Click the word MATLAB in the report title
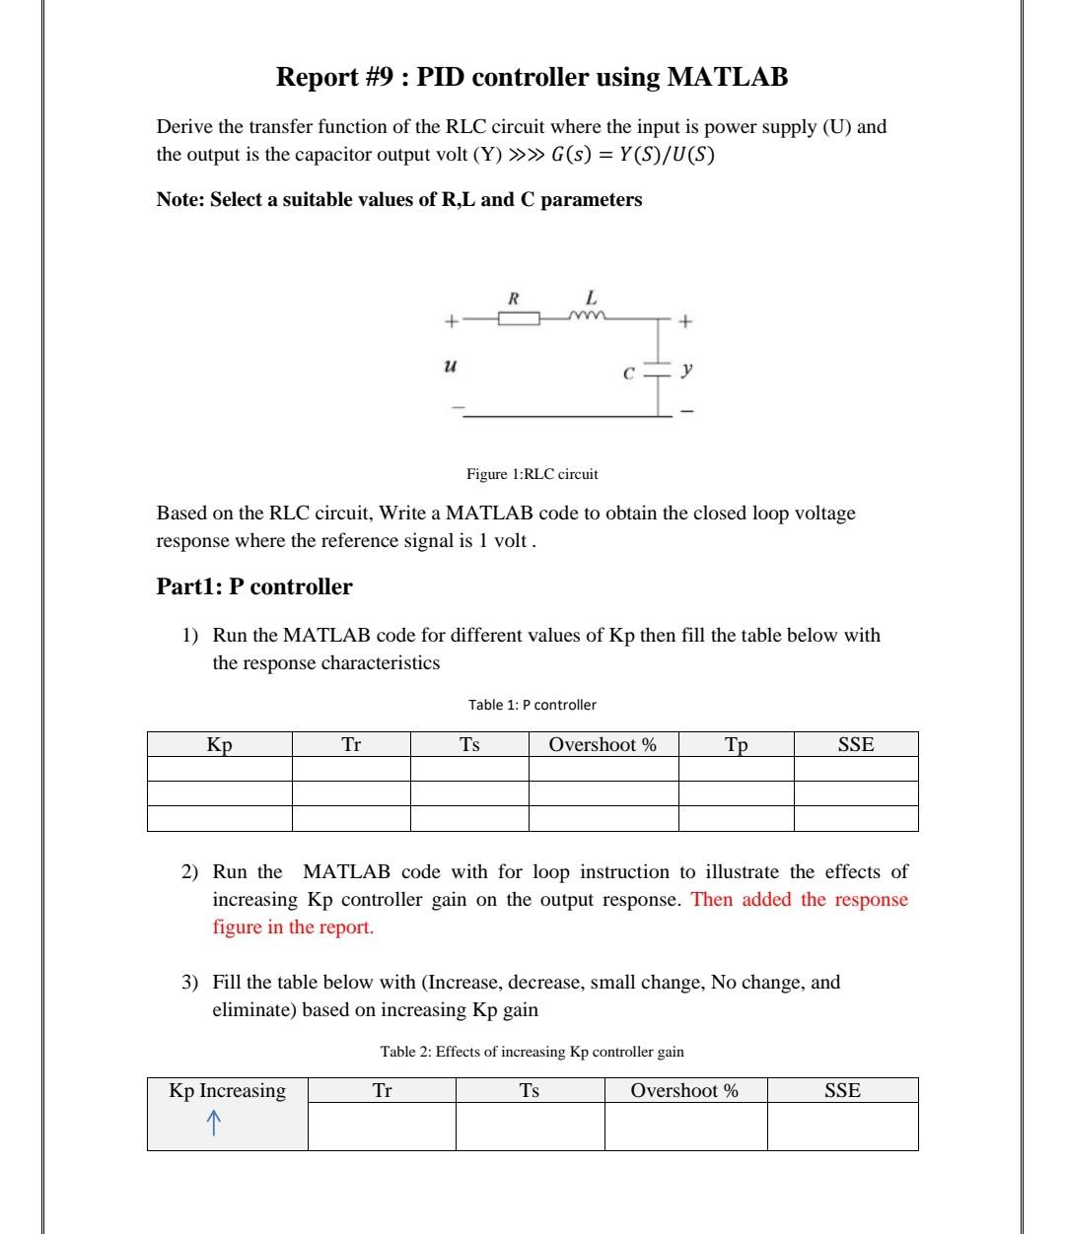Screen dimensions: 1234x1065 [727, 77]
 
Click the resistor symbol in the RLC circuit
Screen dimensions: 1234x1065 [518, 317]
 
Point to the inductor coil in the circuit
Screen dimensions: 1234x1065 [588, 316]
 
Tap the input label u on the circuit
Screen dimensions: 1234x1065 [450, 366]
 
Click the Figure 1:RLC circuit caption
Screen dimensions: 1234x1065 [532, 474]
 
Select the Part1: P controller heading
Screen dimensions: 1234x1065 [254, 586]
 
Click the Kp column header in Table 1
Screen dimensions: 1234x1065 [219, 744]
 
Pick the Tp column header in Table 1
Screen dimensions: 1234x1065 [736, 744]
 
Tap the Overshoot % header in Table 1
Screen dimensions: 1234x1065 [603, 744]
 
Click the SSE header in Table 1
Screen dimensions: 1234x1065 [855, 744]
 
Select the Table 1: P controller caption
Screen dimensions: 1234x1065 [532, 705]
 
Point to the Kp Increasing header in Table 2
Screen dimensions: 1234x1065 [227, 1090]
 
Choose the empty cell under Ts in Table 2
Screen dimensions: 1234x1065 [530, 1126]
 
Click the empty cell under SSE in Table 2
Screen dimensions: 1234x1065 [842, 1126]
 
